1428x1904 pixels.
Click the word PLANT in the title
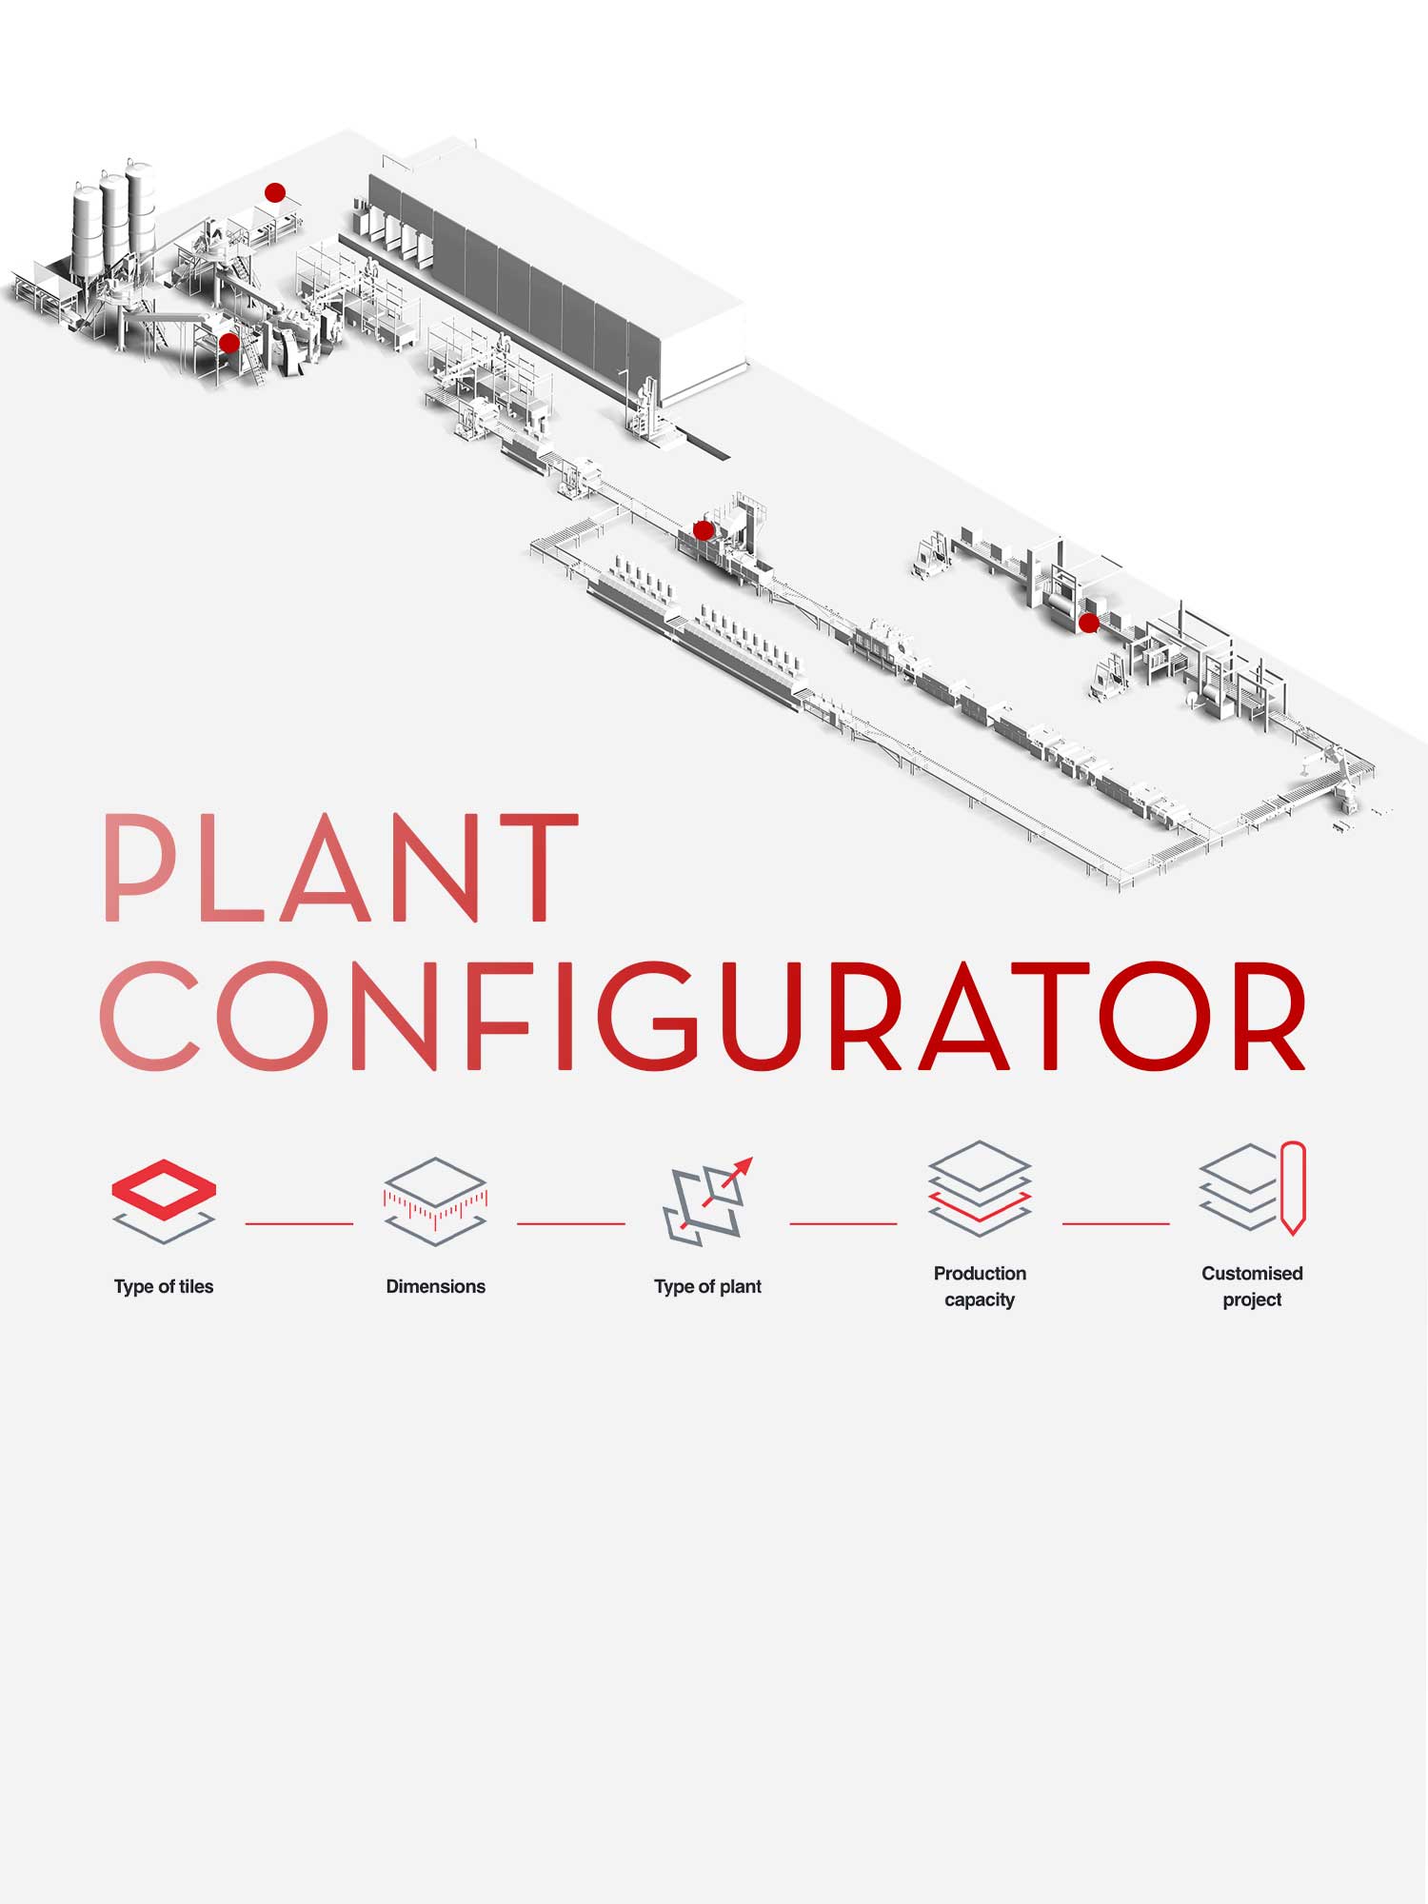tap(340, 868)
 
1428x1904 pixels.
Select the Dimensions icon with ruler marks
tap(435, 1200)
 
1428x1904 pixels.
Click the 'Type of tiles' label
tap(164, 1286)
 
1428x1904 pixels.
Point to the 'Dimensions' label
tap(435, 1286)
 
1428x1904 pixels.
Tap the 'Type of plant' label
tap(707, 1286)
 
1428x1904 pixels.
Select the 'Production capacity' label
tap(980, 1286)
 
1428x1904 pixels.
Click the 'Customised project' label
tap(1252, 1286)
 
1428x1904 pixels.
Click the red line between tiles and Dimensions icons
tap(299, 1223)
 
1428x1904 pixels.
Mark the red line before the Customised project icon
tap(1116, 1223)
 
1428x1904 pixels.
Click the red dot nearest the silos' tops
tap(275, 193)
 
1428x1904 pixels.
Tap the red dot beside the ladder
tap(229, 343)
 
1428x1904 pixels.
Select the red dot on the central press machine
tap(703, 530)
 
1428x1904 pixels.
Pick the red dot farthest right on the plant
tap(1088, 624)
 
